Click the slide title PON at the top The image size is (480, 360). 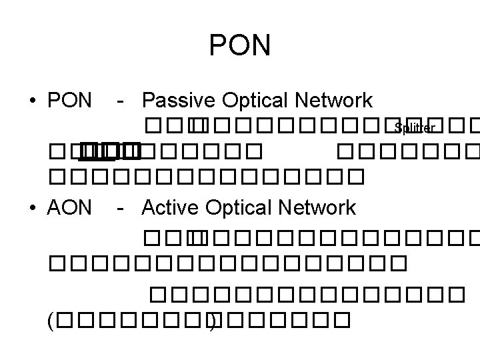(240, 46)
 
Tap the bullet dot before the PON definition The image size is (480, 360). (32, 101)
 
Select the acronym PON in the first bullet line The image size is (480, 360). (69, 101)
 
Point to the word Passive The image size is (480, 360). (175, 101)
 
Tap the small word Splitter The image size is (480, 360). (414, 127)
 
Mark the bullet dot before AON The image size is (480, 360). (32, 208)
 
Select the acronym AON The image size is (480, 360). (69, 207)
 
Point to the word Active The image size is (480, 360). (171, 207)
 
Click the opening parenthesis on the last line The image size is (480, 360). (51, 322)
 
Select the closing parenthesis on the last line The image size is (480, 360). (212, 322)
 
